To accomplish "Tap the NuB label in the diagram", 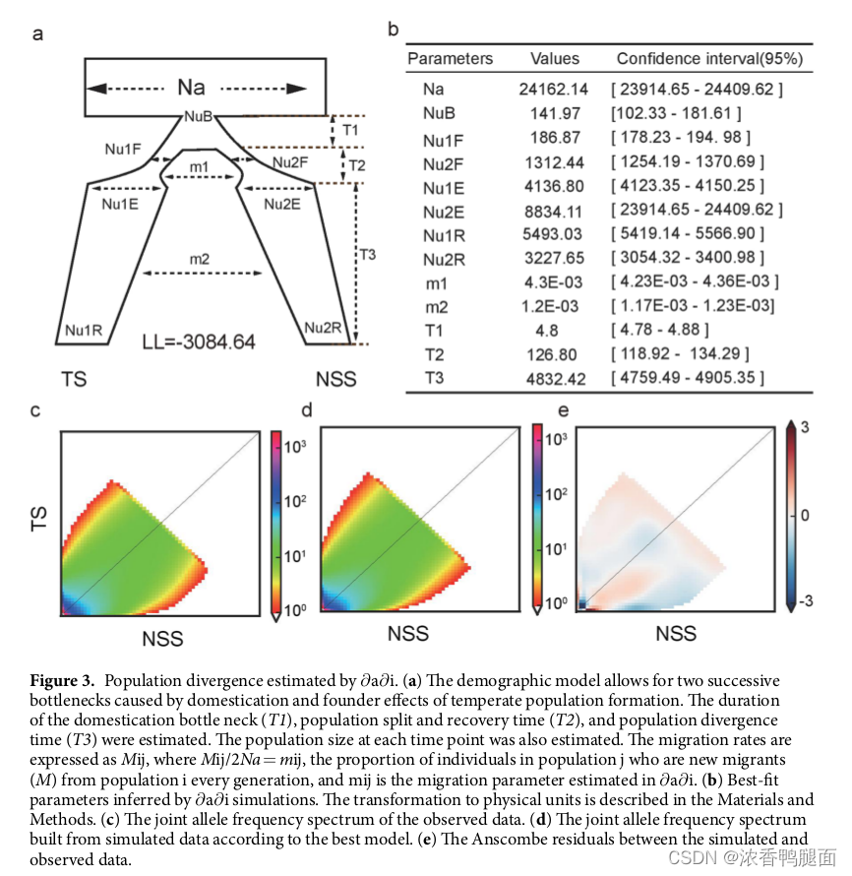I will [198, 117].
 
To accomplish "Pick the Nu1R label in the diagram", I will [84, 331].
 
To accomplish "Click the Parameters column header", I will [450, 58].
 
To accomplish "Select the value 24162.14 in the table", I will [554, 90].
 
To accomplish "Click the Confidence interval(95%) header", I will [709, 58].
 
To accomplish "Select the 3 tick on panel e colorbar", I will [804, 426].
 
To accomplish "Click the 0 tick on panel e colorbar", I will [803, 516].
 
